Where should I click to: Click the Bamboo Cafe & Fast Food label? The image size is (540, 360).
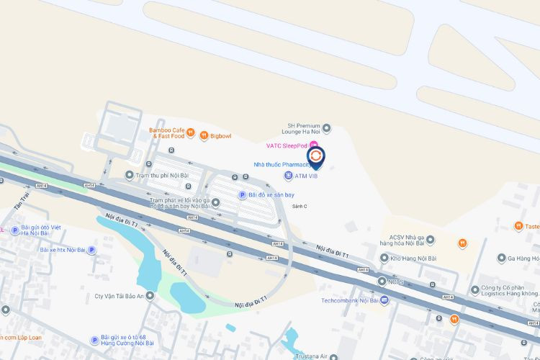click(167, 132)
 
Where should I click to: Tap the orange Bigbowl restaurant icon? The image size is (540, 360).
click(204, 135)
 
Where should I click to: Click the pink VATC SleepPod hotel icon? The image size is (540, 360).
click(314, 145)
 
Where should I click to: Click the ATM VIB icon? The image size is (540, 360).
click(288, 176)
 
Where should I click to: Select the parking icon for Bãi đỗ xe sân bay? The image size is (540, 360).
click(242, 194)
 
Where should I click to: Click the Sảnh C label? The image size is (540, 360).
click(300, 207)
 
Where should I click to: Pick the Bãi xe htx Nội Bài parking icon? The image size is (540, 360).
click(91, 250)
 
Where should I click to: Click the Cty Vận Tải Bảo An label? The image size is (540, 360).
click(125, 295)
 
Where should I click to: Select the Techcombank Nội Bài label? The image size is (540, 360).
click(350, 300)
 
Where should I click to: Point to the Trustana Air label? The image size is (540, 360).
click(314, 356)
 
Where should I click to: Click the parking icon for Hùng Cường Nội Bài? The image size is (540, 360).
click(94, 340)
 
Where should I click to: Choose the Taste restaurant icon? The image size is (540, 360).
click(518, 226)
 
